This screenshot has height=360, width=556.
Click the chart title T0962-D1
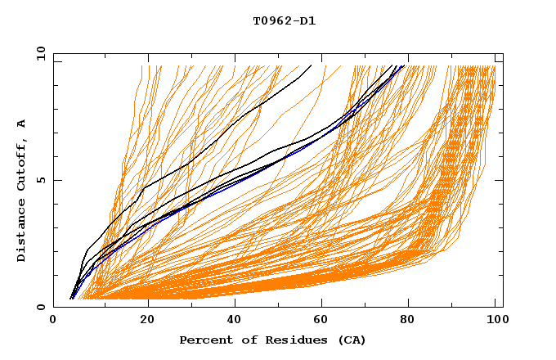click(284, 20)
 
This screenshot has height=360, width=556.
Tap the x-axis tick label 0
click(54, 322)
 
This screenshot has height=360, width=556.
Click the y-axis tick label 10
click(40, 53)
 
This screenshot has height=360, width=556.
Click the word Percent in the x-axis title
click(203, 340)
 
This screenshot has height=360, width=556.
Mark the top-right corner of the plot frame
click(503, 53)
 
